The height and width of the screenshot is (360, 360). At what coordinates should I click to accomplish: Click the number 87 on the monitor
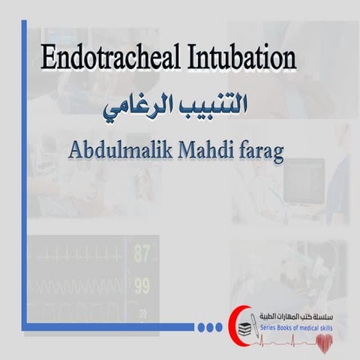[142, 253]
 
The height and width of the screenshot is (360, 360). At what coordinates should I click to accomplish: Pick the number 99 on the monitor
[142, 286]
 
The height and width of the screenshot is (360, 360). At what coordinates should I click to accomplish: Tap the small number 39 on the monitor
[141, 311]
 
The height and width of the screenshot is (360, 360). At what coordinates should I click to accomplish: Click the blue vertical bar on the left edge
[25, 172]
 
